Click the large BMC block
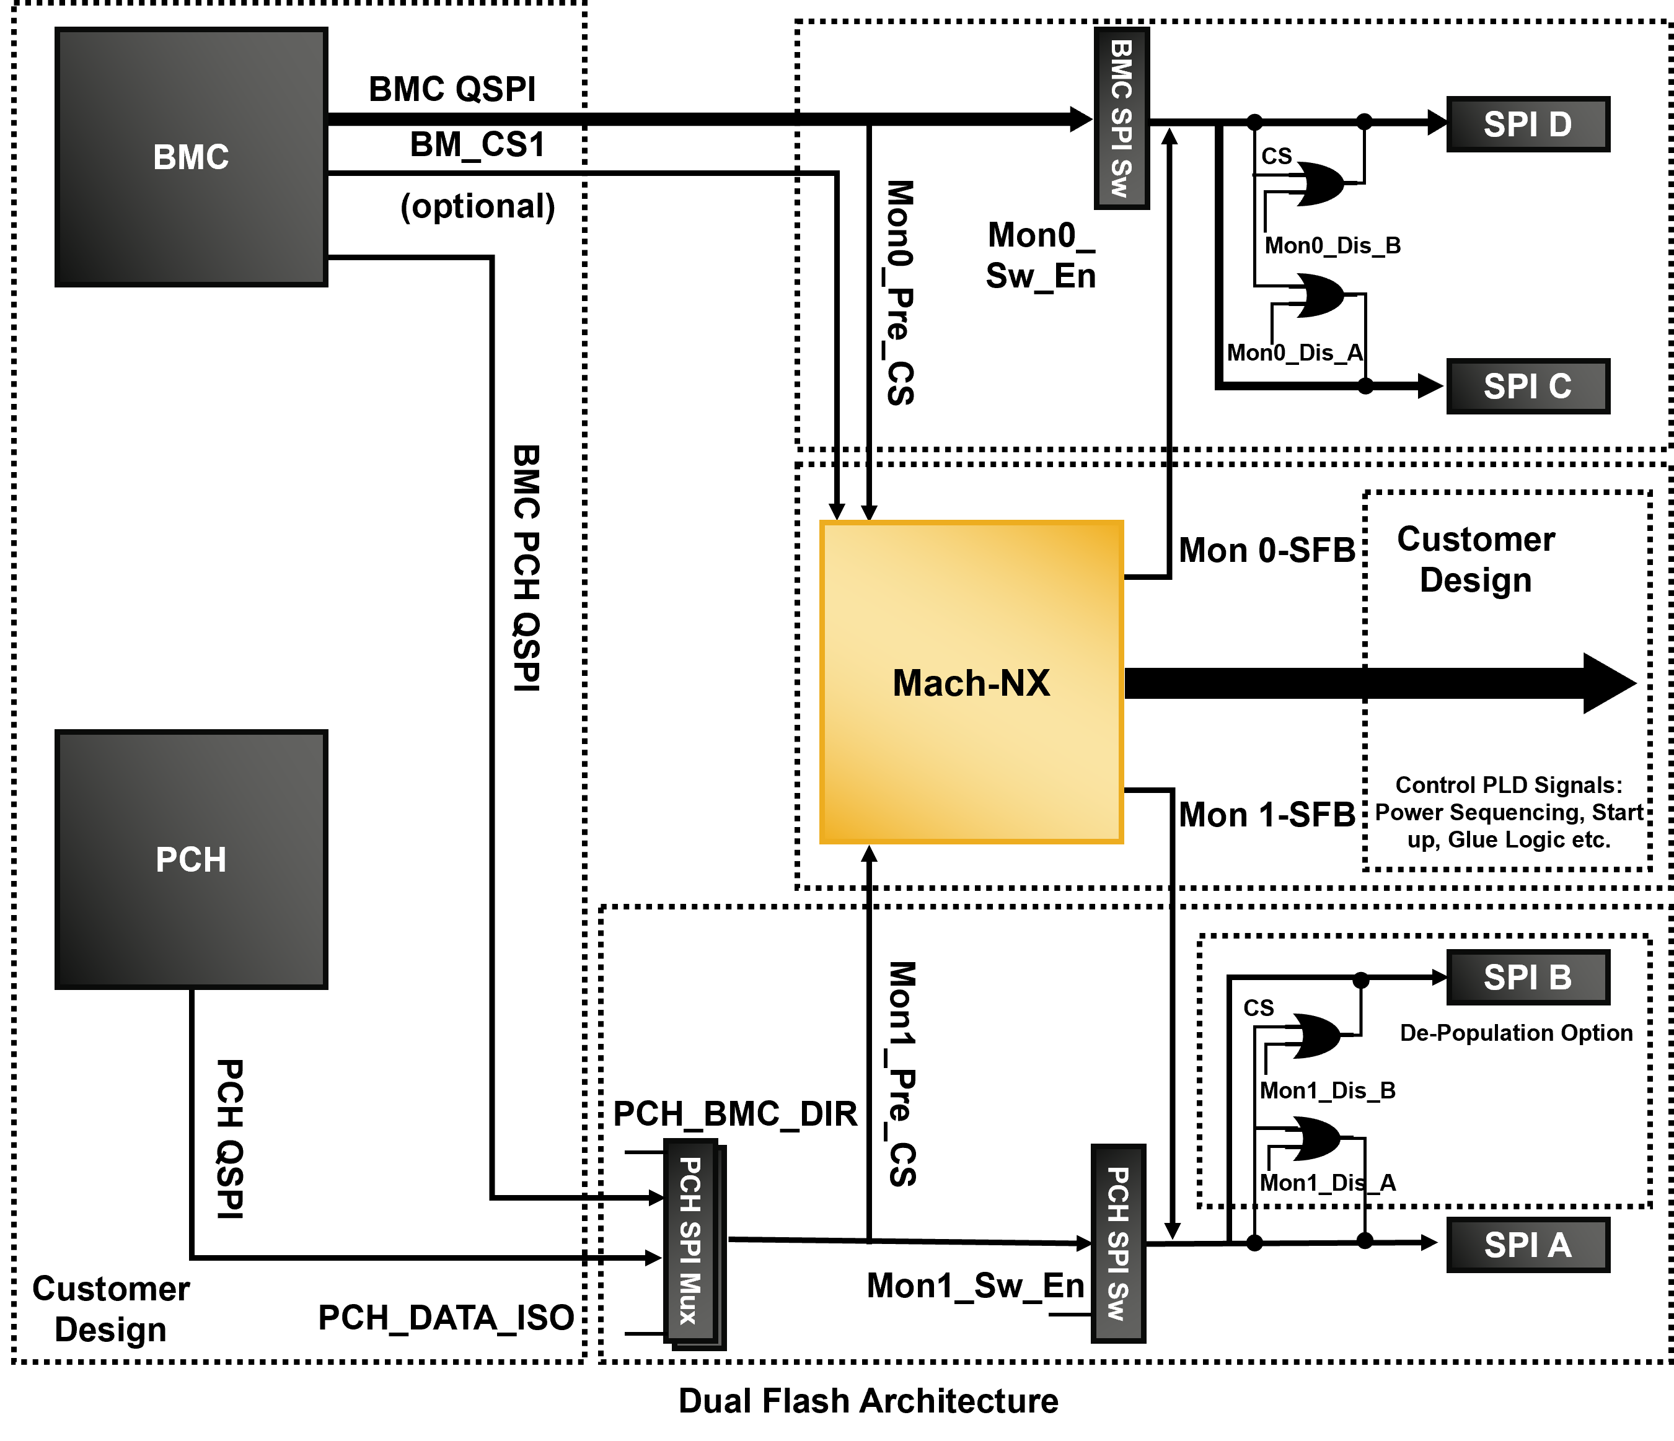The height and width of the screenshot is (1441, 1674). point(192,157)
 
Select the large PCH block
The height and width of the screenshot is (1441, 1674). point(192,859)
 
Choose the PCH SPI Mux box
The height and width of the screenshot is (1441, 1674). point(691,1241)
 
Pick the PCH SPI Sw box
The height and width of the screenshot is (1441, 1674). point(1118,1244)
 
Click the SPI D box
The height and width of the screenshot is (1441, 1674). point(1528,125)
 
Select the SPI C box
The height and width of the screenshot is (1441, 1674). point(1528,386)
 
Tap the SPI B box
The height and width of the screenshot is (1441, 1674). point(1528,978)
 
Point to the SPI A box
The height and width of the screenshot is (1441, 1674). point(1528,1245)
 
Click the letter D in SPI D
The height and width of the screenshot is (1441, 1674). point(1560,125)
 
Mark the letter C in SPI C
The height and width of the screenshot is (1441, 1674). point(1560,386)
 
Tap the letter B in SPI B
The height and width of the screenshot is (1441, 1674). point(1560,978)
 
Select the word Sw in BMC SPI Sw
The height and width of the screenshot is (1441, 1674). point(1121,178)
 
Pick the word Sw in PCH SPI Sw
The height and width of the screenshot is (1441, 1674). point(1117,1300)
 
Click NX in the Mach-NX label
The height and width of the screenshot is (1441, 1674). point(1025,683)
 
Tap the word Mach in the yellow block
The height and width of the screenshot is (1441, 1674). point(939,683)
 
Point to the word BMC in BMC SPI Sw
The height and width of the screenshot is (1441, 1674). point(1121,69)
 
